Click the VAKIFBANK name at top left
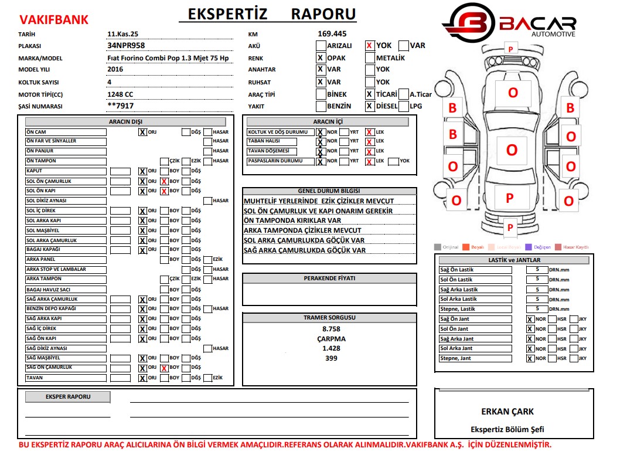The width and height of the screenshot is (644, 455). pyautogui.click(x=54, y=20)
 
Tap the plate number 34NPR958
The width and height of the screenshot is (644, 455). pyautogui.click(x=126, y=45)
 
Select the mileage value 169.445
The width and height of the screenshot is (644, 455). pyautogui.click(x=332, y=33)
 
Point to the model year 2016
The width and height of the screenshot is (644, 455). pyautogui.click(x=115, y=69)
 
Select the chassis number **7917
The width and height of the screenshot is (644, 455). pyautogui.click(x=121, y=106)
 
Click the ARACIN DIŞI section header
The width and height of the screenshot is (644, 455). pyautogui.click(x=125, y=122)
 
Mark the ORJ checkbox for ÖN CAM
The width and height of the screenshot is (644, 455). pyautogui.click(x=142, y=133)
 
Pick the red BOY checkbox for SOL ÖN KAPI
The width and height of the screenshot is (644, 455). pyautogui.click(x=164, y=191)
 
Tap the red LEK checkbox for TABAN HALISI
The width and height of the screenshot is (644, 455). pyautogui.click(x=370, y=142)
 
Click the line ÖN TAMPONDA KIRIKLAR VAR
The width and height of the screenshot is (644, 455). pyautogui.click(x=292, y=220)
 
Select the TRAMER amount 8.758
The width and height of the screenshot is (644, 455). pyautogui.click(x=331, y=329)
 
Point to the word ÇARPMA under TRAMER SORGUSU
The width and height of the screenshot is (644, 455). pyautogui.click(x=331, y=339)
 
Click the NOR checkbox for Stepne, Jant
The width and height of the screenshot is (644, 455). pyautogui.click(x=530, y=359)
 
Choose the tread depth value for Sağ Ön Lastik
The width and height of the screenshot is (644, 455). pyautogui.click(x=537, y=270)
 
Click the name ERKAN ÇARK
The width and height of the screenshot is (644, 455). pyautogui.click(x=508, y=412)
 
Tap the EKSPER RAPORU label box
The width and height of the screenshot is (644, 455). pyautogui.click(x=67, y=397)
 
